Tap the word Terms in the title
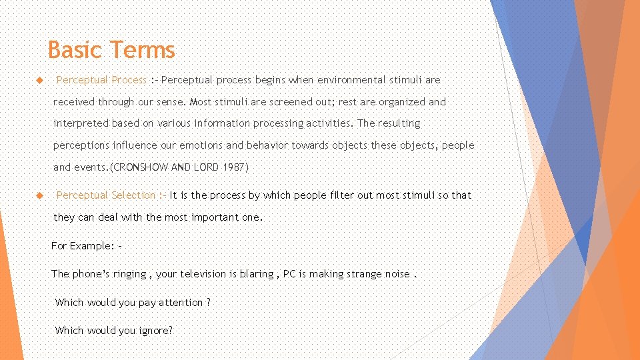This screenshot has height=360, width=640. (143, 50)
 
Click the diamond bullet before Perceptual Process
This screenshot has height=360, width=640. (39, 80)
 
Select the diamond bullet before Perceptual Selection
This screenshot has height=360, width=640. (39, 195)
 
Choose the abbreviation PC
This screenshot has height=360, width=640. (290, 274)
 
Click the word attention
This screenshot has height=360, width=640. (181, 303)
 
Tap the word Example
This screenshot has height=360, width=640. (93, 246)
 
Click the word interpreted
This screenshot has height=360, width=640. (81, 123)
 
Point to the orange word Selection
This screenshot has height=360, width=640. (133, 195)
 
